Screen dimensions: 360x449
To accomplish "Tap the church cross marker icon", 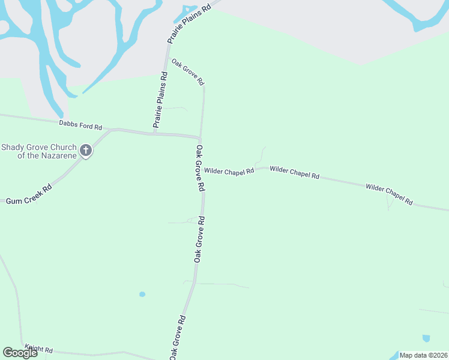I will point(86,150).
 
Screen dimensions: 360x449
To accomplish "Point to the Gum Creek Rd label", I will point(29,194).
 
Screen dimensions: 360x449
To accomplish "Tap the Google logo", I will point(20,353).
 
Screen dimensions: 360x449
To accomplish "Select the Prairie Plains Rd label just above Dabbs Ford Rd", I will point(160,100).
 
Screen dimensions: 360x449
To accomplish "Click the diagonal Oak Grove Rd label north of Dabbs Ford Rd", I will point(188,72).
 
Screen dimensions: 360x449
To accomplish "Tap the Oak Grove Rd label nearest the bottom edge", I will point(176,338).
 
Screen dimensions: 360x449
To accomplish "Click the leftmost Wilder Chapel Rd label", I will point(229,171).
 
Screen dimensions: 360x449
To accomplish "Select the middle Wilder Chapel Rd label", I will point(294,173).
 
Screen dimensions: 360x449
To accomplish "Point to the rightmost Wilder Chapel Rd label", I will point(389,194).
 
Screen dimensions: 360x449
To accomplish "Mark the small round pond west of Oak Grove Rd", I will point(142,294).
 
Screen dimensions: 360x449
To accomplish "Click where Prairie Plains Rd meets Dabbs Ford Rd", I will point(154,133).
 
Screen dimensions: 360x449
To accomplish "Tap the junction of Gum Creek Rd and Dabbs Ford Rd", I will point(112,129).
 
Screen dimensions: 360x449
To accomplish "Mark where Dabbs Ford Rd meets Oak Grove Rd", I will point(200,137).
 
